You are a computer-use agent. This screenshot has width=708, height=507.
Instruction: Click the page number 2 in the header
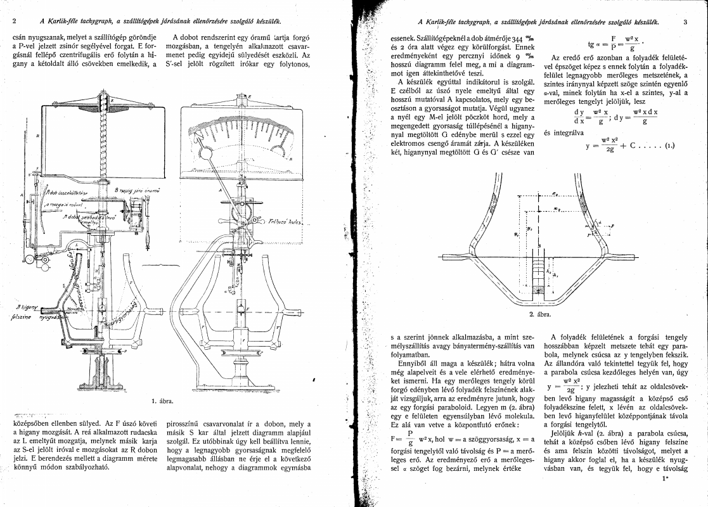pos(14,21)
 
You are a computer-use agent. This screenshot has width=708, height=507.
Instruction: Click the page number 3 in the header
pos(686,21)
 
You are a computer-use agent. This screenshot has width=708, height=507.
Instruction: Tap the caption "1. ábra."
pos(163,401)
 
